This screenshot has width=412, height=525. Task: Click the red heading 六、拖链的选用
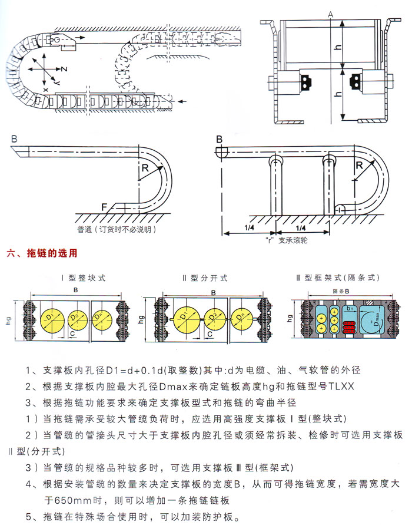42,254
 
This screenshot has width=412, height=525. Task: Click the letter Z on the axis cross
64,70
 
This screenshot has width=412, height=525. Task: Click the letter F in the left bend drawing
104,208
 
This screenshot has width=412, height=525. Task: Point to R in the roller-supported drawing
359,166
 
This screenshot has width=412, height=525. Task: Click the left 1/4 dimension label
249,227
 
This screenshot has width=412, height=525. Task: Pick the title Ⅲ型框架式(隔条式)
337,278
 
